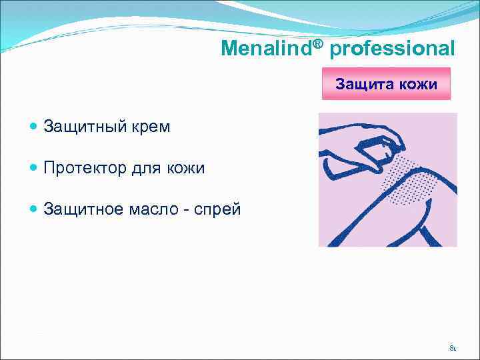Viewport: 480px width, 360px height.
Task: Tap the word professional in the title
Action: (x=393, y=49)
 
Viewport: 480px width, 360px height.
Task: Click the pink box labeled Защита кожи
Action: (x=386, y=84)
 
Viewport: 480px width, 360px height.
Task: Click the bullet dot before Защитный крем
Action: (x=34, y=127)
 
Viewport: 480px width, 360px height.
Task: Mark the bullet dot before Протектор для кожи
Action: (x=34, y=169)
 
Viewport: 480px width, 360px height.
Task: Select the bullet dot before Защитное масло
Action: (x=34, y=210)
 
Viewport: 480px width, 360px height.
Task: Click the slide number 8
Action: (x=452, y=347)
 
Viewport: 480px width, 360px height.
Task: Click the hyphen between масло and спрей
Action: (x=189, y=211)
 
